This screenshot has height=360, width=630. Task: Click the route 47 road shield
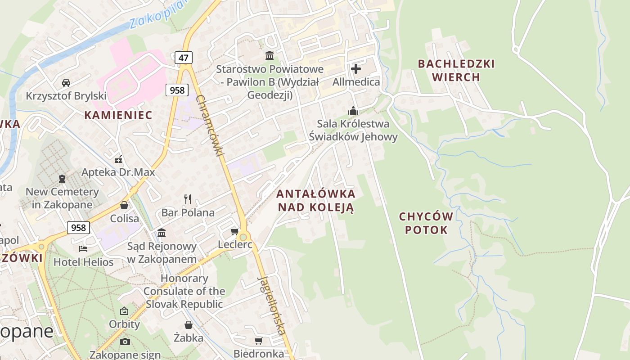coord(184,58)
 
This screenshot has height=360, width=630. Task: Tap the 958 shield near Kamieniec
coord(177,90)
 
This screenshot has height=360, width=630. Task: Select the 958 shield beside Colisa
coord(78,228)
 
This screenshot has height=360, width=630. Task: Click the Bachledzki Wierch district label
coord(456,70)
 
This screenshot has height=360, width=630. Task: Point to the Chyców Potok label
coord(426,223)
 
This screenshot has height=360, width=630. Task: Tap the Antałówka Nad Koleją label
coord(315,201)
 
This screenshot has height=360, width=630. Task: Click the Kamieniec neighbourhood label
coord(118,115)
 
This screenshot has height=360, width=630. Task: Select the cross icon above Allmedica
coord(356,69)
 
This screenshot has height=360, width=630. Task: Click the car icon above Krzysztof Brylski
coord(66,82)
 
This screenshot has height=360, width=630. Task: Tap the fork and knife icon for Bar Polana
coord(188,199)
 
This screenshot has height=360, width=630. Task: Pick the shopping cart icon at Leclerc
coord(234,232)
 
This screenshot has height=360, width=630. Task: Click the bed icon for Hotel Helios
coord(83,248)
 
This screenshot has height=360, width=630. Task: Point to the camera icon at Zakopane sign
coord(125,342)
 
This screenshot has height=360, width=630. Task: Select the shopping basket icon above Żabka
coord(189,324)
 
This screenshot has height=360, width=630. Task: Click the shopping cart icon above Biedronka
coord(259,341)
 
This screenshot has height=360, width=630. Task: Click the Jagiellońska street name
coord(271,305)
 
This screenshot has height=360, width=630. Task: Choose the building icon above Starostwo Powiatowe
coord(270,55)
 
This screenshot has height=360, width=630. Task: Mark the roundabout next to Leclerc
coord(243,237)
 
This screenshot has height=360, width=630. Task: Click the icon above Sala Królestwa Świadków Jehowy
coord(353,111)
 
